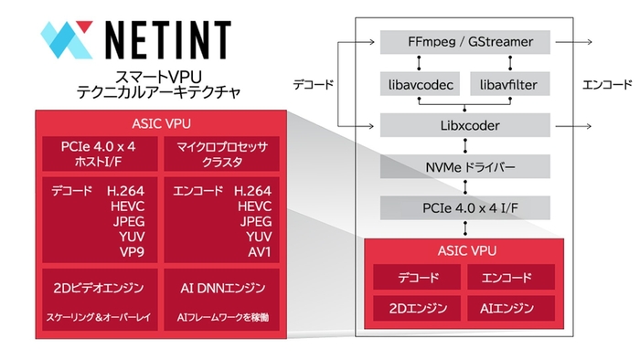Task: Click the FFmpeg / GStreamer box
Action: (x=465, y=42)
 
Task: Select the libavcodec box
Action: (x=418, y=84)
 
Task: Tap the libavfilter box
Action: (x=512, y=84)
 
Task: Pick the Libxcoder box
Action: (x=465, y=124)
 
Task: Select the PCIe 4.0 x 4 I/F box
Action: (x=465, y=206)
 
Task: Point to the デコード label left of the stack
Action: (x=313, y=85)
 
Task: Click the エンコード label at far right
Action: (x=607, y=85)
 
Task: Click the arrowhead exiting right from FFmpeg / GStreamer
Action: (x=590, y=42)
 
